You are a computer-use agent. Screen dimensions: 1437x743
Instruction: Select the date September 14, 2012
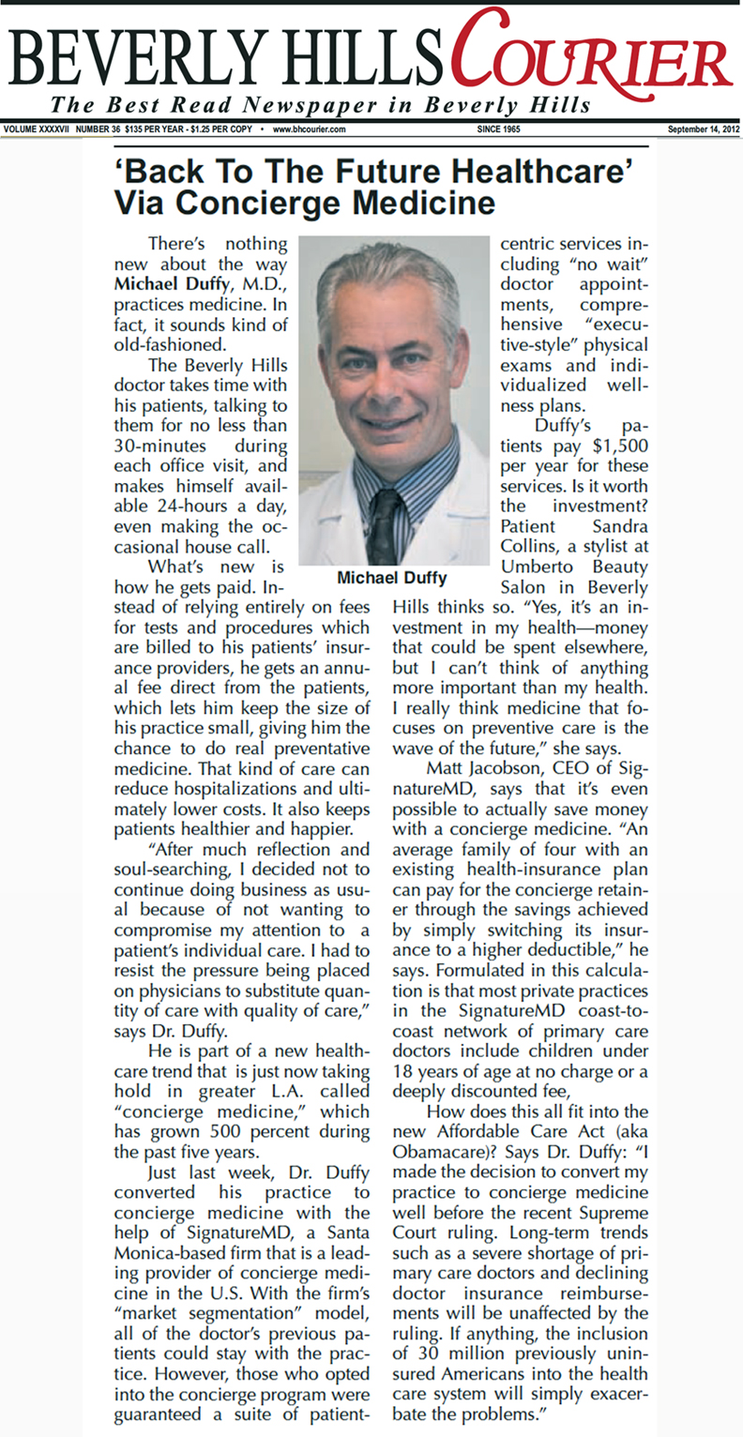pos(703,129)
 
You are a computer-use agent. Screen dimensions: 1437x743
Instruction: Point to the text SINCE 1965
pos(499,129)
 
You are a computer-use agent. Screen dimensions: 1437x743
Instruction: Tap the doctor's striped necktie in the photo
pos(384,525)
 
